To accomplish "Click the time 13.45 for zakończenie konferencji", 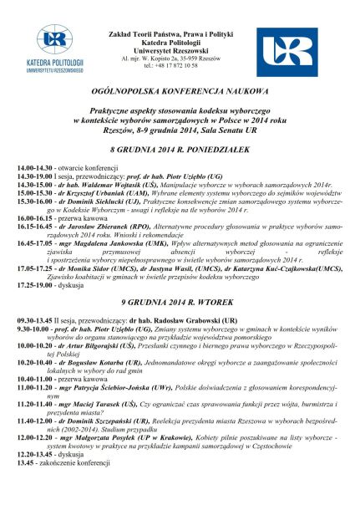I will point(25,462).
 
